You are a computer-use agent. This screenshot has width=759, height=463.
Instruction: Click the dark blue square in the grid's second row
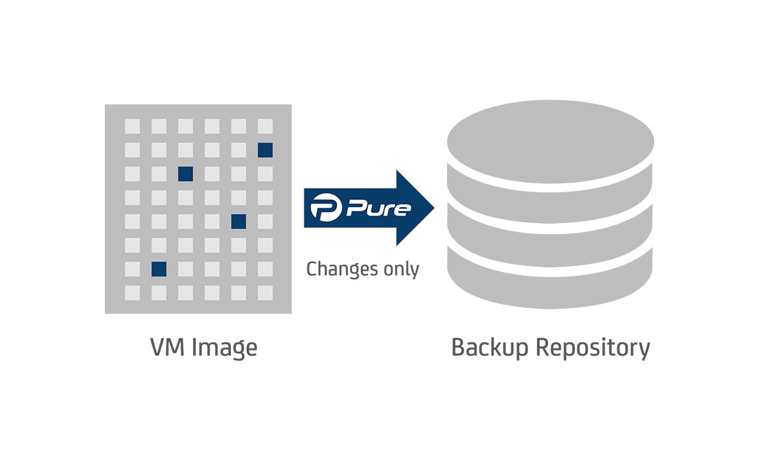(265, 150)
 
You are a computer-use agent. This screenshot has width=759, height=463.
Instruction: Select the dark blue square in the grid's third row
(185, 174)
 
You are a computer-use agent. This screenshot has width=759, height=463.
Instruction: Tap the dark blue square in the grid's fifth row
(239, 221)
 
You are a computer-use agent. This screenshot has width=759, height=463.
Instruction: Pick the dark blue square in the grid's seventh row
(159, 269)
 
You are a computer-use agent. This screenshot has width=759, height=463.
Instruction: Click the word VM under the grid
(166, 348)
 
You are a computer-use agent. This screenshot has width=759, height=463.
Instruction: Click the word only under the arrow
(400, 269)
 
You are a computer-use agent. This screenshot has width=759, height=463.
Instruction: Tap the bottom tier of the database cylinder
(550, 277)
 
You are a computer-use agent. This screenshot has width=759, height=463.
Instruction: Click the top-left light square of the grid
(132, 126)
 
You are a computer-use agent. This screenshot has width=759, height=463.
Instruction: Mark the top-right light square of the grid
(265, 126)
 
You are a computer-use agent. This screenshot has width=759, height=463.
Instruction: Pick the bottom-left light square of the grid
(132, 293)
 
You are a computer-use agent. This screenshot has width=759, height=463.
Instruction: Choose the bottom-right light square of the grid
(265, 293)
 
